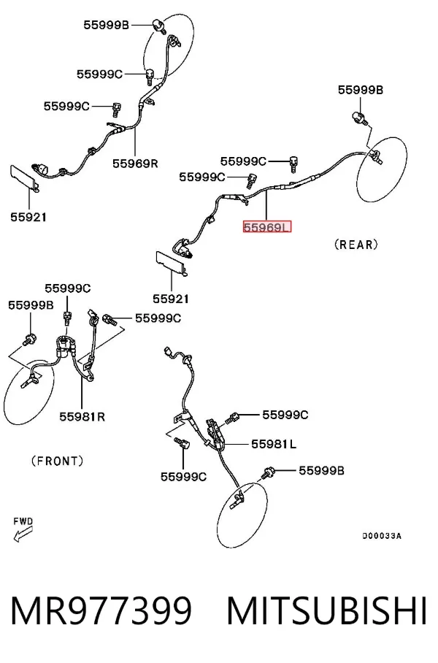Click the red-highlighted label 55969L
(x=267, y=228)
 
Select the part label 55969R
(x=135, y=164)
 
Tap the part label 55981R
(x=82, y=417)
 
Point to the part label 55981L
(x=274, y=444)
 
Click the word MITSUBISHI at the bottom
(x=326, y=611)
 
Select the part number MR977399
(x=101, y=611)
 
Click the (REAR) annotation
(x=356, y=245)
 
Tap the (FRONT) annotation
(x=58, y=461)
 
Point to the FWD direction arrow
(x=23, y=534)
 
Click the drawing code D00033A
(x=382, y=536)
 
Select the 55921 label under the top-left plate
(x=28, y=218)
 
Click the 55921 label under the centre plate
(x=171, y=299)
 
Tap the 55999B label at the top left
(x=106, y=25)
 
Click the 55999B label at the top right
(x=361, y=90)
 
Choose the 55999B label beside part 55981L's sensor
(x=321, y=471)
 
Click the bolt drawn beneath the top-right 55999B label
(x=358, y=118)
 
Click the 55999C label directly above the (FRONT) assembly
(x=68, y=288)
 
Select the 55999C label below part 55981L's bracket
(x=183, y=477)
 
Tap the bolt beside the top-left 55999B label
(x=159, y=25)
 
